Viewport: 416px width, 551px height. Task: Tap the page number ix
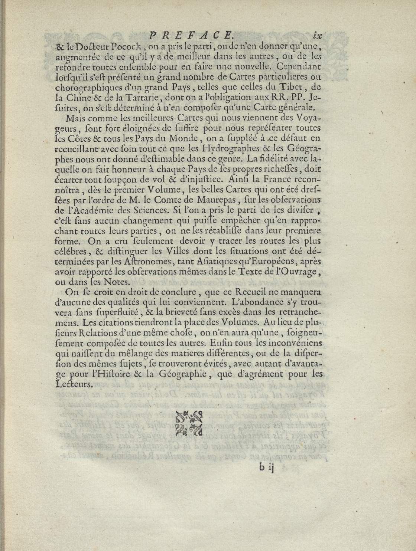317,36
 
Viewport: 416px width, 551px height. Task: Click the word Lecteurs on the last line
69,385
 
